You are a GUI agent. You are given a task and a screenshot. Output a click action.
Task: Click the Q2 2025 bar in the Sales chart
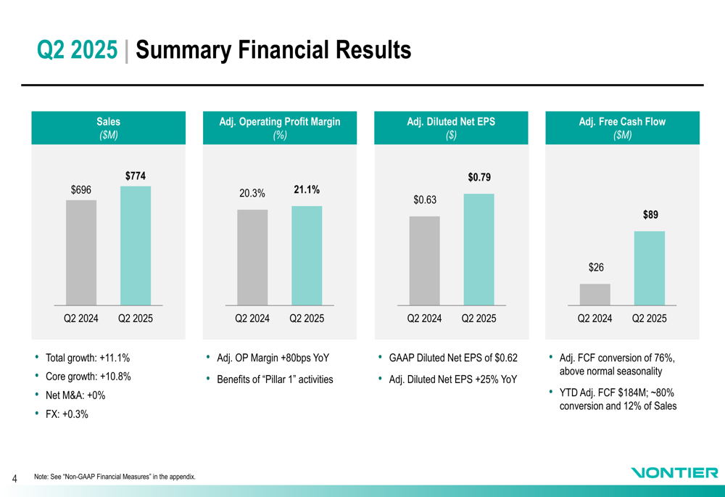136,245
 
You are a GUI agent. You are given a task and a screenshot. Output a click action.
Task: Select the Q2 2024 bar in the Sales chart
81,252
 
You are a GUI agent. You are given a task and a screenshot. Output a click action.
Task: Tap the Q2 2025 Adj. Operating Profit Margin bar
307,255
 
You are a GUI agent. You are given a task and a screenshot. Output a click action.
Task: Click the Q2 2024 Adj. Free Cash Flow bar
595,294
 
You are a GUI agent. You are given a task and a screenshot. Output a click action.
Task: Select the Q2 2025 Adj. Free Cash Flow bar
650,268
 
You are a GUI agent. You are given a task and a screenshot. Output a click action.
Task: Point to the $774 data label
136,176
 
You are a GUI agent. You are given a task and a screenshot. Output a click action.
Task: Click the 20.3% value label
252,193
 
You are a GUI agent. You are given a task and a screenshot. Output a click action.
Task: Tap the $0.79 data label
478,178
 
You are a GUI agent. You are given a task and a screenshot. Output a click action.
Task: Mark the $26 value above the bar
595,268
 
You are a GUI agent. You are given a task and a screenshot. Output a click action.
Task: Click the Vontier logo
674,473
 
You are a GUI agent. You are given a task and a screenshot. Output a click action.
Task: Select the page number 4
14,478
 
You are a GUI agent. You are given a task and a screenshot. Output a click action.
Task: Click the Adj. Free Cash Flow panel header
622,128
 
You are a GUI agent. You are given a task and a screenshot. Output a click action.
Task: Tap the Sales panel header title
109,122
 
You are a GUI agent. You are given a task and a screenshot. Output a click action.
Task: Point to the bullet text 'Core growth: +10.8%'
88,377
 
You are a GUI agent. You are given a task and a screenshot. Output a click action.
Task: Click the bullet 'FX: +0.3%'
67,414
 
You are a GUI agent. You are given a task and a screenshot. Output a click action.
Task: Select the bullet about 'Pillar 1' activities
275,379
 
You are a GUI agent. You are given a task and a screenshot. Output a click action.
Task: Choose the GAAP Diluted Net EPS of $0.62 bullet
453,358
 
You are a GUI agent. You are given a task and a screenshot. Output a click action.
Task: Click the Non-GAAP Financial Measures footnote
115,477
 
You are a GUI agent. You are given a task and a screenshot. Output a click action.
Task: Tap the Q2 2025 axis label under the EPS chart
478,319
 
